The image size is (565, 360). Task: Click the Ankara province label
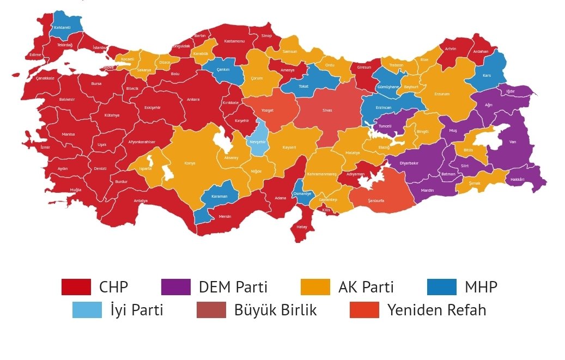point(193,100)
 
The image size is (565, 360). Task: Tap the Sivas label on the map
point(327,111)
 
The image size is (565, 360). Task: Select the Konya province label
point(190,163)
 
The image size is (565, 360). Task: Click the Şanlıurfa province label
point(376,201)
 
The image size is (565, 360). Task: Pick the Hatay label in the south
point(301,227)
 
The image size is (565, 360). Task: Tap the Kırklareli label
point(62,27)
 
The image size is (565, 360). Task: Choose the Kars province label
point(487,75)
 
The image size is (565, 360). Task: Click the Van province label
point(512,142)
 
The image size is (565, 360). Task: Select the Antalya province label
point(141,201)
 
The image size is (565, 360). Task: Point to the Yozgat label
point(267,110)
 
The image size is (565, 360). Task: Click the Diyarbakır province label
point(409,163)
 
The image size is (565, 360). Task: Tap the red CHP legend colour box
point(76,286)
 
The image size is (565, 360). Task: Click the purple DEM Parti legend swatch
point(176,286)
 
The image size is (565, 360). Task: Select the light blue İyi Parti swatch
point(87,310)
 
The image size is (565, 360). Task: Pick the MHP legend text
point(481,287)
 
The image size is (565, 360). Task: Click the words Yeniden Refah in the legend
point(436,310)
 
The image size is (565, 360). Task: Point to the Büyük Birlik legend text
point(275,310)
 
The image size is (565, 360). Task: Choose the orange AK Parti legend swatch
point(315,286)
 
